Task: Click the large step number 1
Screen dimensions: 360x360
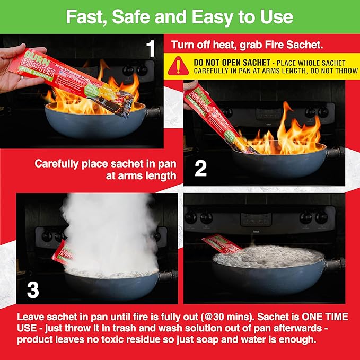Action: [x=151, y=49]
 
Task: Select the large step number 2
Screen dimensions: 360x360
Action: [x=200, y=169]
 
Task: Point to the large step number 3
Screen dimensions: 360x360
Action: [x=32, y=289]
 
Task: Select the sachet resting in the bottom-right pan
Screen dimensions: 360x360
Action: [x=223, y=243]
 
